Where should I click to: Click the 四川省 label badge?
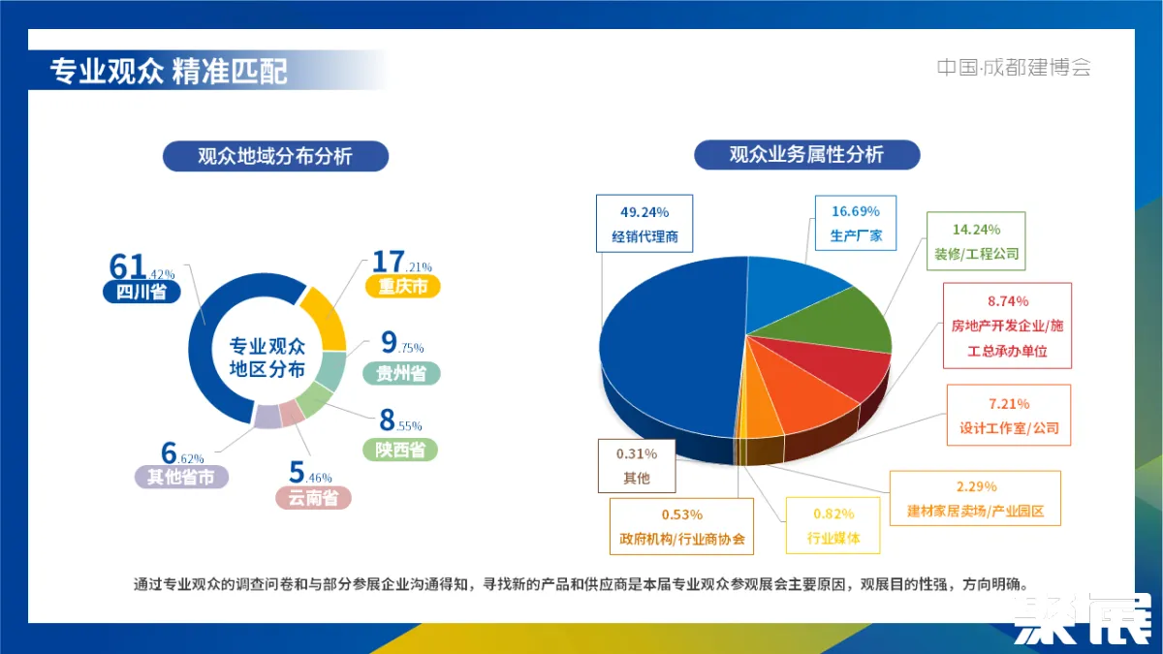point(141,292)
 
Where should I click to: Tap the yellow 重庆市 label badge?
point(402,287)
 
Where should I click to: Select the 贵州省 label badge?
point(401,374)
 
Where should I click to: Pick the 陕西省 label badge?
point(400,450)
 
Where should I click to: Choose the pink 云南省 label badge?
point(313,498)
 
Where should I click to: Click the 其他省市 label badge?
point(181,477)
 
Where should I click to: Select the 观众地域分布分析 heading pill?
point(275,156)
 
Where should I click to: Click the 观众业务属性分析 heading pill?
point(806,154)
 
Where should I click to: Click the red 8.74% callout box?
point(1007,326)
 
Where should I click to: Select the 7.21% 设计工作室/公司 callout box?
point(1008,415)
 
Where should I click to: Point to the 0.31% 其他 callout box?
point(636,465)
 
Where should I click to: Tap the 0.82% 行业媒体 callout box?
point(833,525)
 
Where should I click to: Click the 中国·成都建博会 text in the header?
point(1013,68)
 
